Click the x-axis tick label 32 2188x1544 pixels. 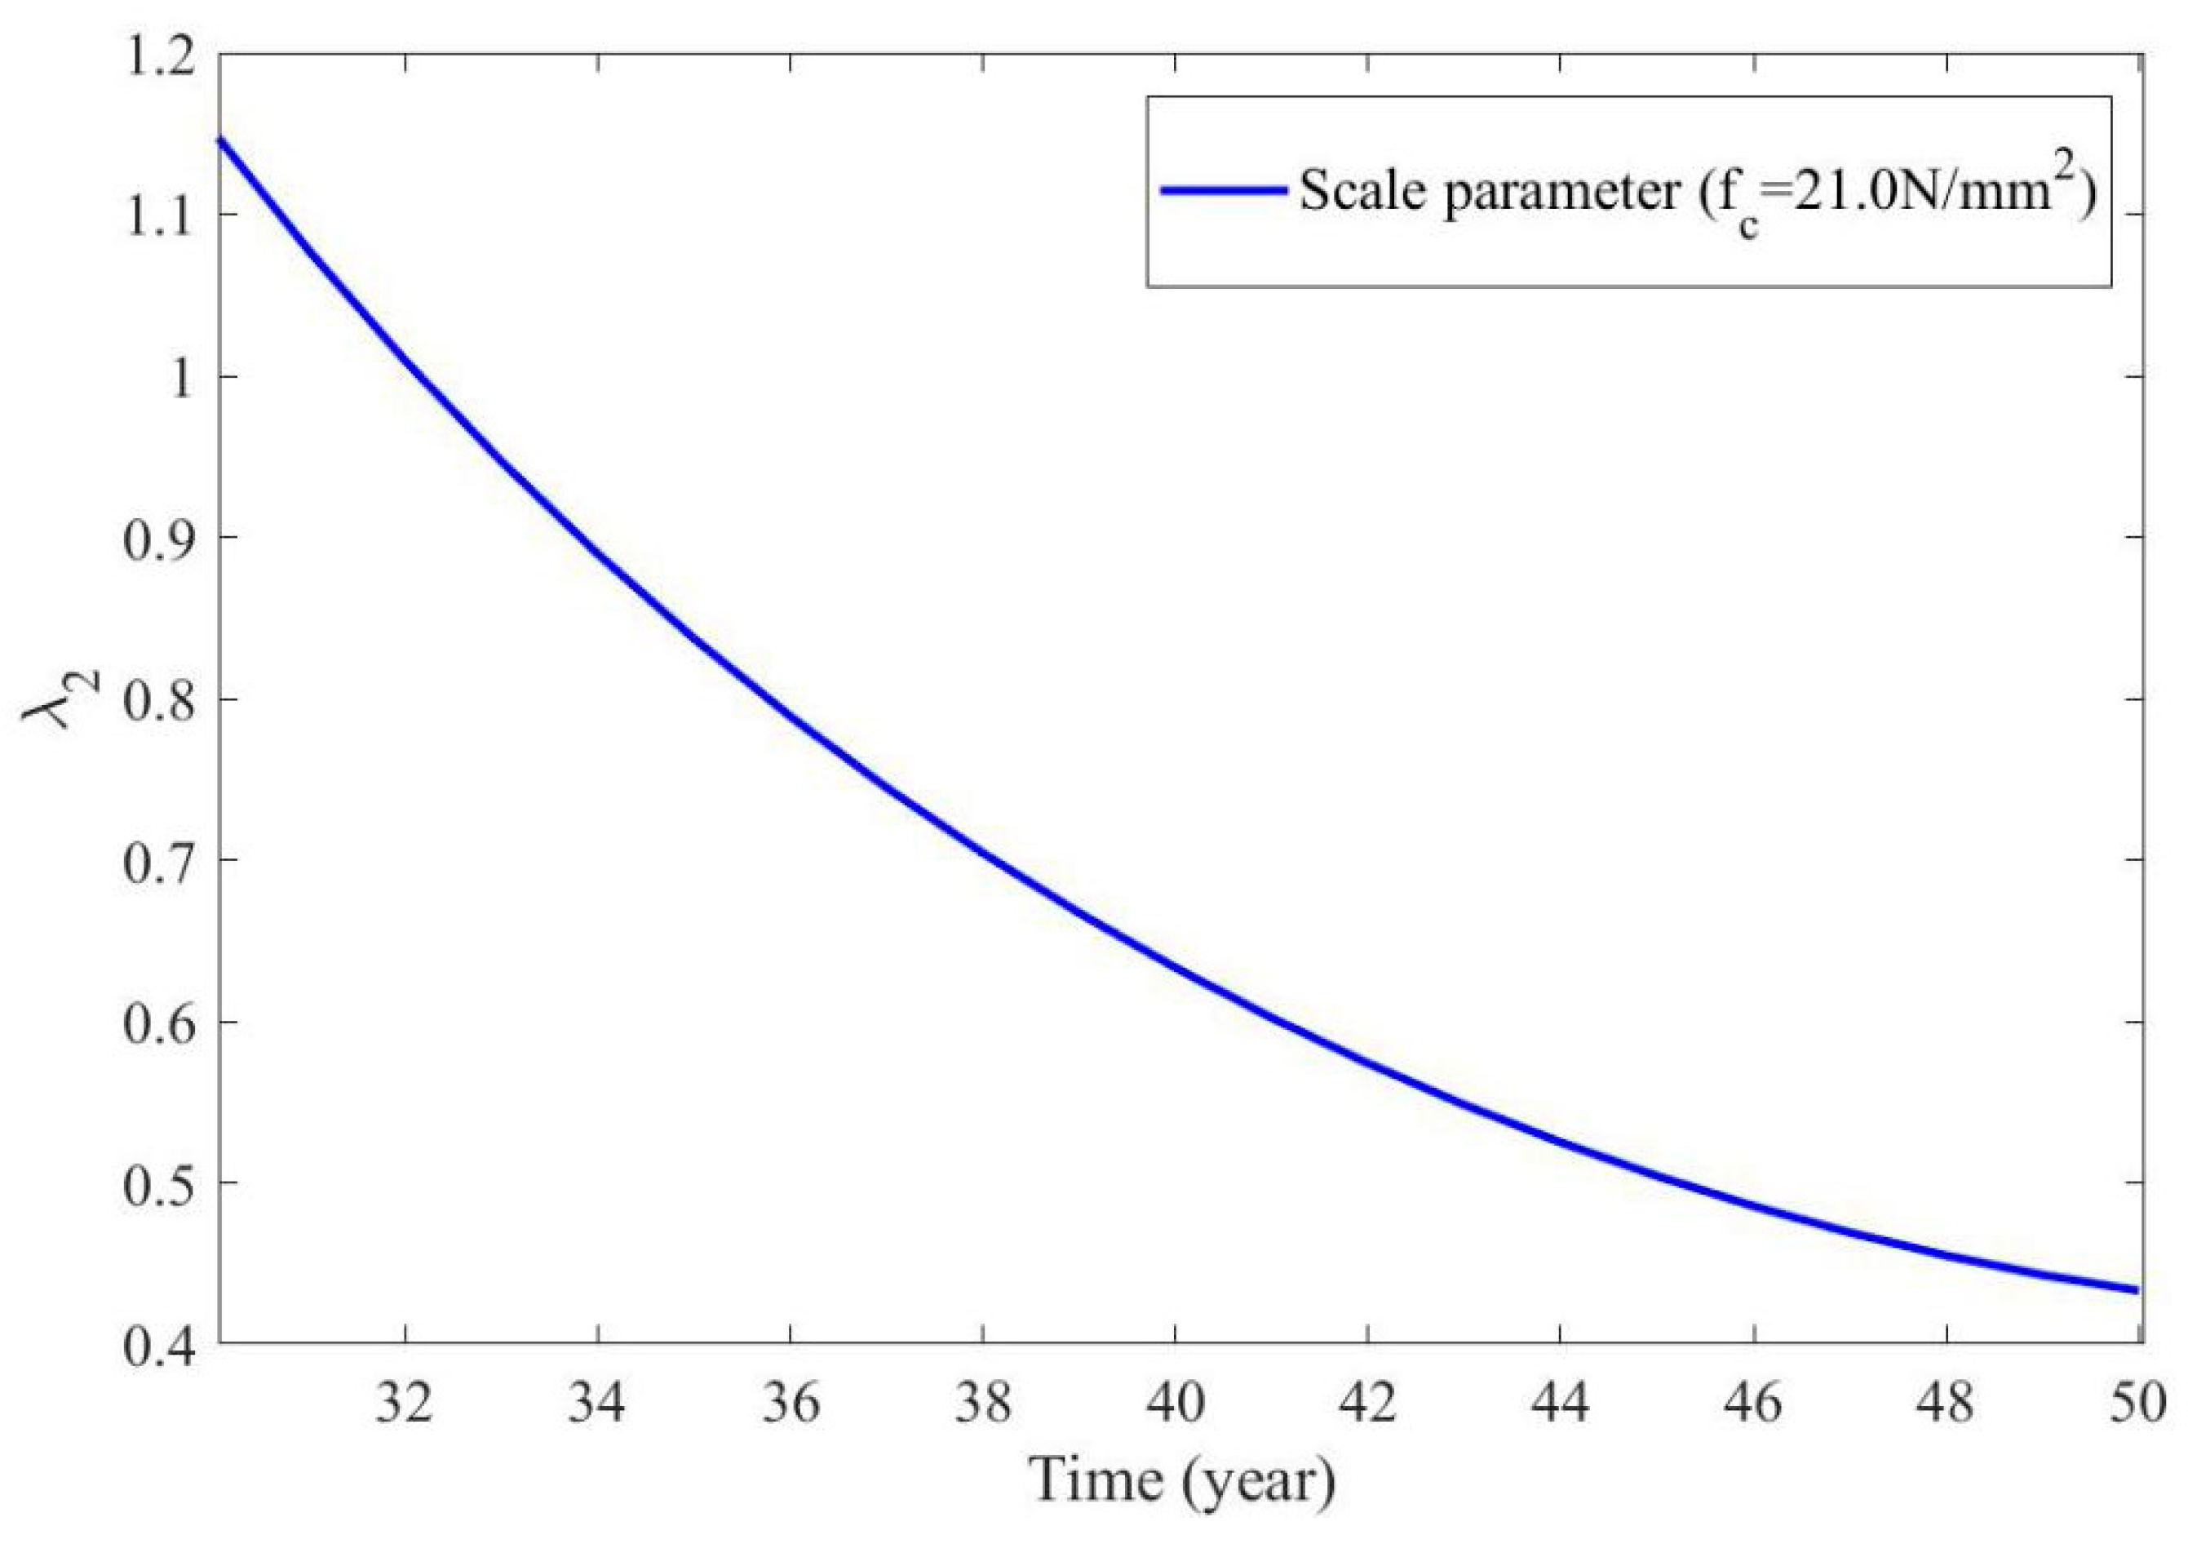click(405, 1404)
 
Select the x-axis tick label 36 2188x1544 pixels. click(790, 1404)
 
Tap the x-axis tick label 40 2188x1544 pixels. click(1175, 1404)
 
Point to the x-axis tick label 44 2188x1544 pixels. click(1559, 1404)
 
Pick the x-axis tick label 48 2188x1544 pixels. click(1944, 1404)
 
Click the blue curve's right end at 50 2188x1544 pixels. click(2137, 1290)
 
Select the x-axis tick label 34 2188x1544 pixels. click(597, 1404)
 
